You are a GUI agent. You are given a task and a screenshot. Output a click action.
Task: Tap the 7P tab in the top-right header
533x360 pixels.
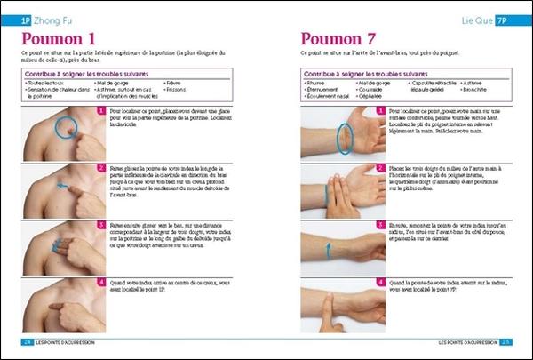click(502, 18)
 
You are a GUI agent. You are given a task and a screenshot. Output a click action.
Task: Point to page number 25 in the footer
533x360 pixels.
click(505, 341)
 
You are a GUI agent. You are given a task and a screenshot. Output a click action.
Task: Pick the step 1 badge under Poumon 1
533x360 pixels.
click(101, 111)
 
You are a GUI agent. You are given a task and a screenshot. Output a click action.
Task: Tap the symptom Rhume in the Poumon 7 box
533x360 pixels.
click(314, 82)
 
